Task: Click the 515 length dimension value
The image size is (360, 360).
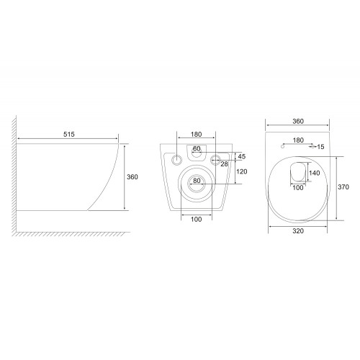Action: (69, 135)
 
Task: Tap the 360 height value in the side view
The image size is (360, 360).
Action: (132, 177)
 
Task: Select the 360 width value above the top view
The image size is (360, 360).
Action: (298, 121)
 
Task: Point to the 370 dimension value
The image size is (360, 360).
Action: (343, 186)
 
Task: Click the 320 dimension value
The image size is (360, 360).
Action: (298, 231)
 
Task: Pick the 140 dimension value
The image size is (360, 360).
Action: (315, 173)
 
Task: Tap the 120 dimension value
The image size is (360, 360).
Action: (241, 171)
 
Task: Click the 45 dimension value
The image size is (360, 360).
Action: (242, 156)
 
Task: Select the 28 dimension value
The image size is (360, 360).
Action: (224, 164)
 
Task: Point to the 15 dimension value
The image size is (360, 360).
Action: (320, 147)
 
